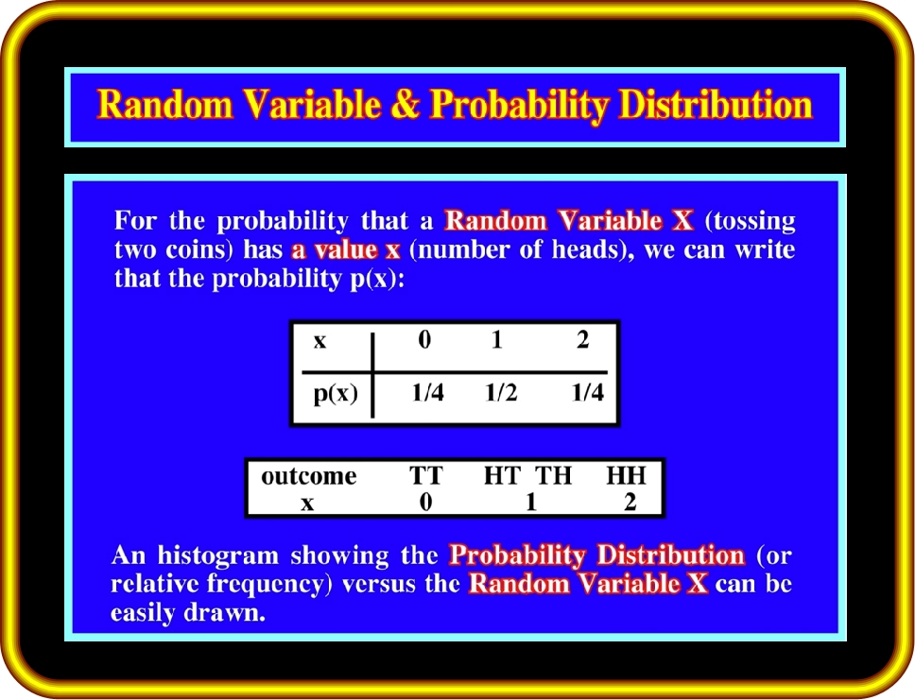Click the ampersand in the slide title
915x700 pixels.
pos(406,105)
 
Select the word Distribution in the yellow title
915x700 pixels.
pos(716,105)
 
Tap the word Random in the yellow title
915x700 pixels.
pos(165,105)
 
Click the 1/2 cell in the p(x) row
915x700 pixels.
pos(501,393)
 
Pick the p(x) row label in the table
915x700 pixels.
pos(336,394)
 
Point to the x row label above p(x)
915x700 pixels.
pos(319,341)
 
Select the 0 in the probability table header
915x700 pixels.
pos(424,339)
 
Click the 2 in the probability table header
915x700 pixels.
pos(583,339)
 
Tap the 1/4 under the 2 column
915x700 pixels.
pos(588,393)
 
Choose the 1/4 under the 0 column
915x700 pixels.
pos(428,393)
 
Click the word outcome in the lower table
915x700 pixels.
pos(309,476)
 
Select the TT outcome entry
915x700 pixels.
pos(426,475)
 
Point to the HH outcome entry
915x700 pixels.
pos(626,475)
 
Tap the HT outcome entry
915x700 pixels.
pos(502,475)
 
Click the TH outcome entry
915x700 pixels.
pos(554,475)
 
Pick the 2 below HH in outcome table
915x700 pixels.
pos(630,502)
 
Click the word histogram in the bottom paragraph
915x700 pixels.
pos(218,555)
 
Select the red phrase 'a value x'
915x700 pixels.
pos(346,249)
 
